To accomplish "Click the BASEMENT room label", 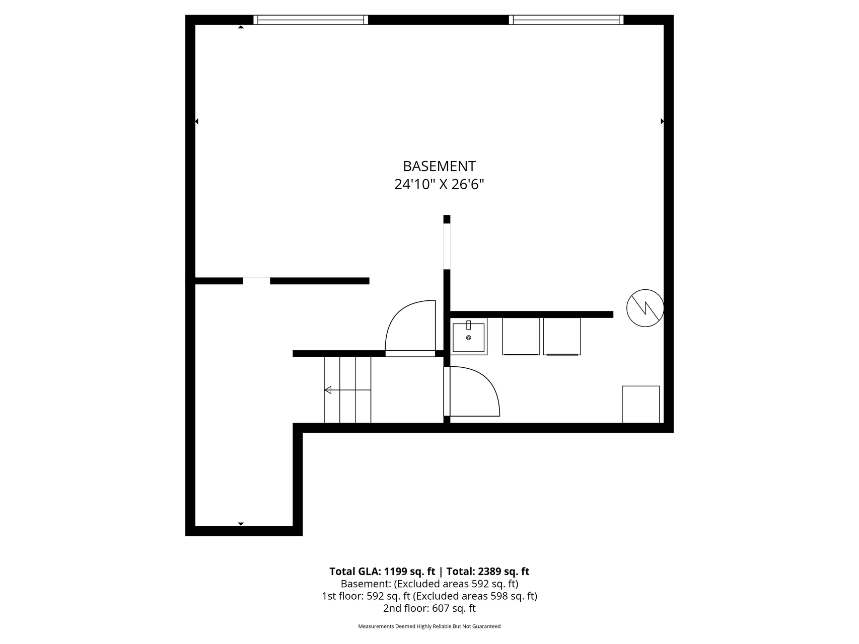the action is point(439,166).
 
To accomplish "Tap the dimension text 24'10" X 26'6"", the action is point(439,185).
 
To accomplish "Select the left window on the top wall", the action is point(311,20).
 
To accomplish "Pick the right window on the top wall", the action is point(566,20).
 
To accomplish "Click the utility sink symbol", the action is point(468,336).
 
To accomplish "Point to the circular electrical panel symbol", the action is point(645,308).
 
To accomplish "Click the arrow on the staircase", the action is point(347,390).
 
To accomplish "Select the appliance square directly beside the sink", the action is point(521,336).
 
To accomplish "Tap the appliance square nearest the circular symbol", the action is point(562,336).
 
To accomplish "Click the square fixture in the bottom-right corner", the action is point(641,405).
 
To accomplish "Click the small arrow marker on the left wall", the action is point(196,121).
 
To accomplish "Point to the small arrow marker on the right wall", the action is point(662,121).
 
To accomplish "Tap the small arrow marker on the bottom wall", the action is point(241,524).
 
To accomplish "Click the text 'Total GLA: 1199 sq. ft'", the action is point(382,572).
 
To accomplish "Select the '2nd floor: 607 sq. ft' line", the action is point(430,608).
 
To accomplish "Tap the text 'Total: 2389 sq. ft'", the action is point(488,572).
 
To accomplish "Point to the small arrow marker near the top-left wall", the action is point(241,27).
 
